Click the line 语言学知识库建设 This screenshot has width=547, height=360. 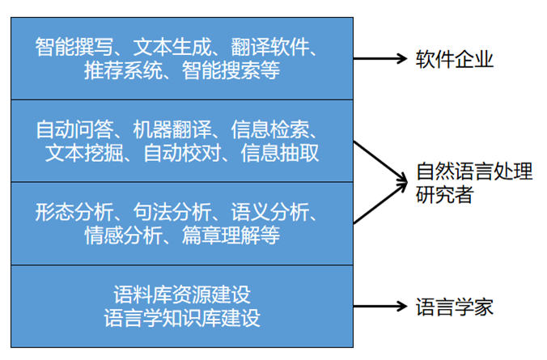pyautogui.click(x=183, y=317)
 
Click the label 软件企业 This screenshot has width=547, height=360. pyautogui.click(x=454, y=60)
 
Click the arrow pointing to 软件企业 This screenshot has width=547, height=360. pyautogui.click(x=380, y=59)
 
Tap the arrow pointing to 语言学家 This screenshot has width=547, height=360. pyautogui.click(x=380, y=307)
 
